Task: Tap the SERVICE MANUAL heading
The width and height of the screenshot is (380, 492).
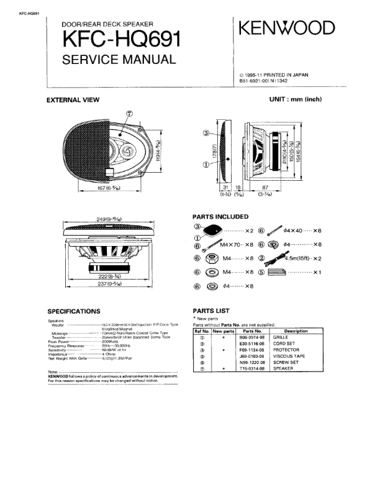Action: pos(119,60)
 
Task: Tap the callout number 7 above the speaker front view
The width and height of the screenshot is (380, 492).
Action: pos(130,114)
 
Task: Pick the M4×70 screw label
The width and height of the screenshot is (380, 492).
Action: pos(234,245)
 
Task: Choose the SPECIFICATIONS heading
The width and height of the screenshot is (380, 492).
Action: pos(74,311)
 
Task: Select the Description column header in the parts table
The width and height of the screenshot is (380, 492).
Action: pos(300,331)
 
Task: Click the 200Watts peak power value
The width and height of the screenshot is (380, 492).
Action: pos(110,342)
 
